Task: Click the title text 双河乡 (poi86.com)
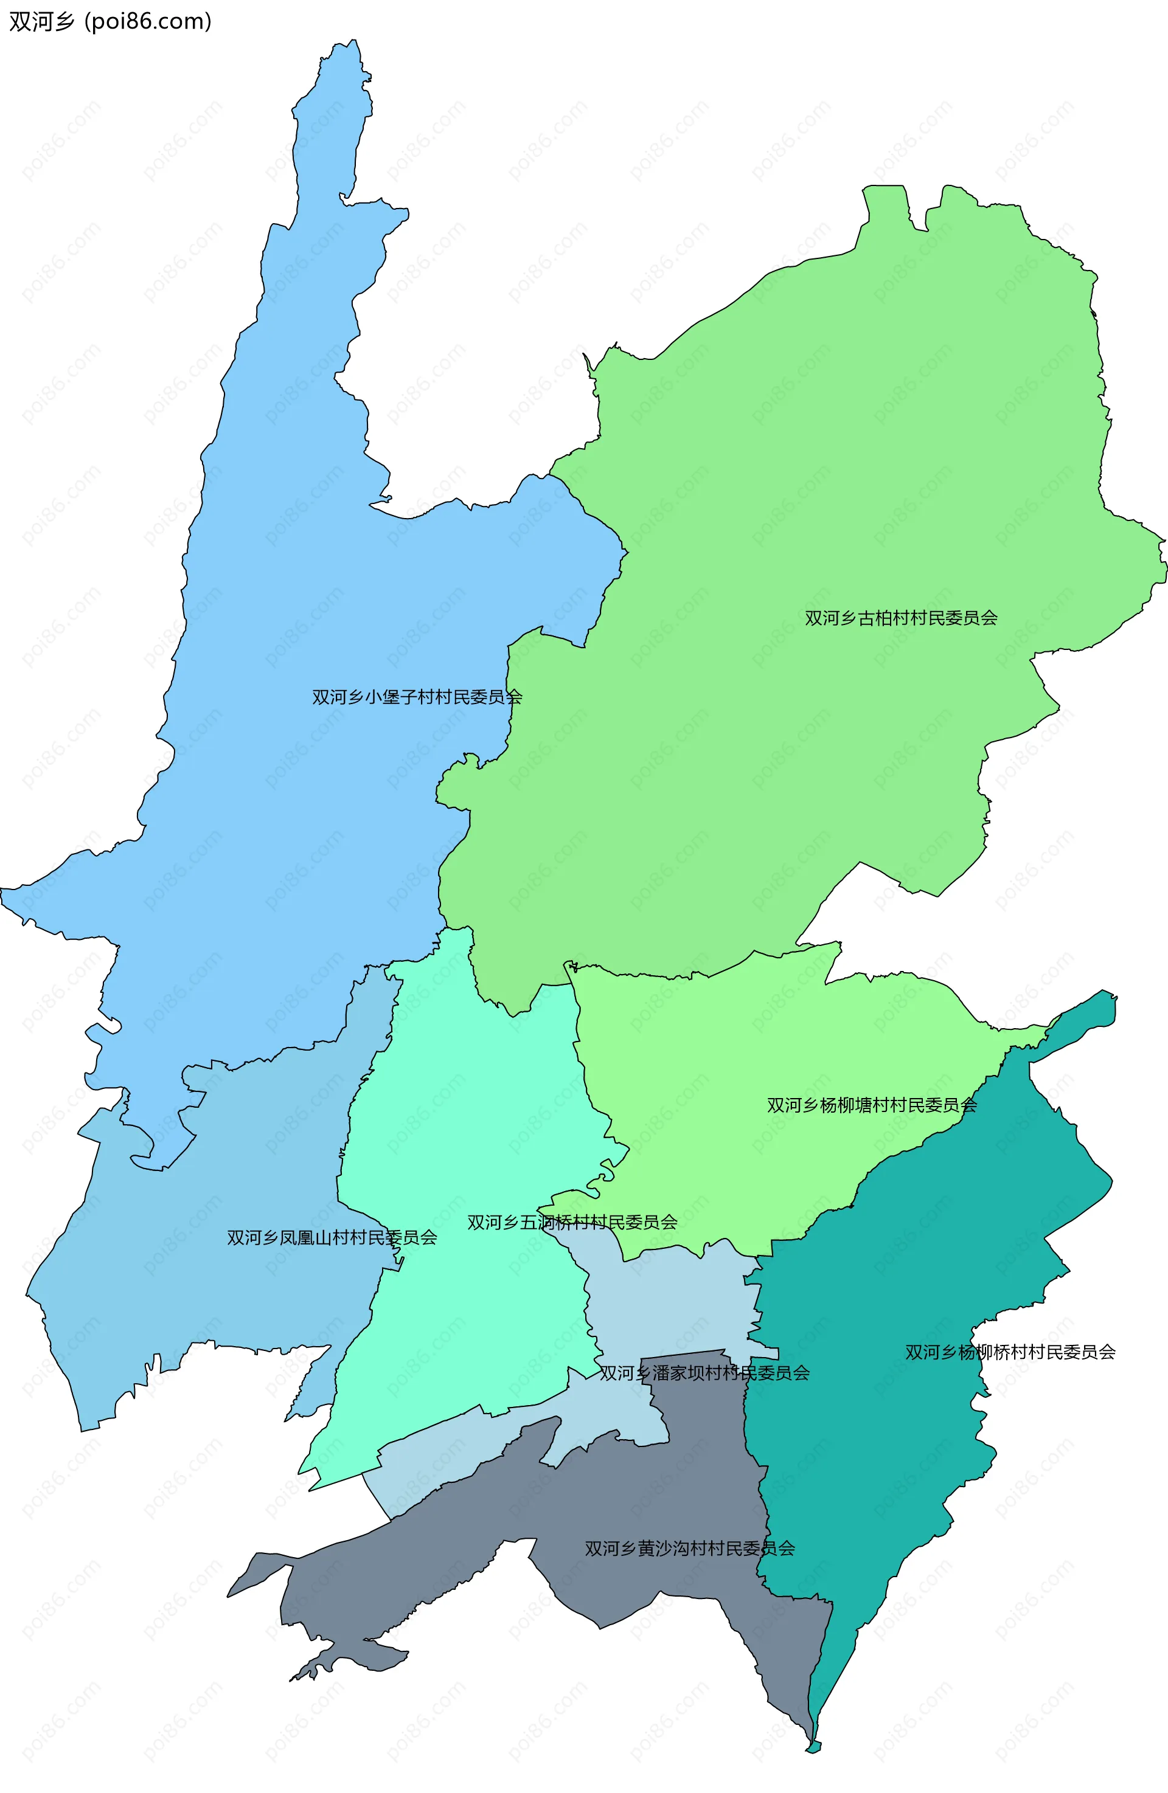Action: point(110,22)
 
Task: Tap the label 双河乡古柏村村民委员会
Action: point(900,618)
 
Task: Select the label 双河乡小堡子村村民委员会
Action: point(417,697)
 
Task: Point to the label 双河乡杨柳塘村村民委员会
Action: point(871,1105)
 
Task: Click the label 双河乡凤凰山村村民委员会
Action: point(332,1238)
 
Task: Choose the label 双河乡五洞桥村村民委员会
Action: point(571,1222)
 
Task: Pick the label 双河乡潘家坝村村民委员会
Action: point(704,1373)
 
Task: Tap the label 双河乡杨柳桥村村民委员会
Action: point(1010,1352)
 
